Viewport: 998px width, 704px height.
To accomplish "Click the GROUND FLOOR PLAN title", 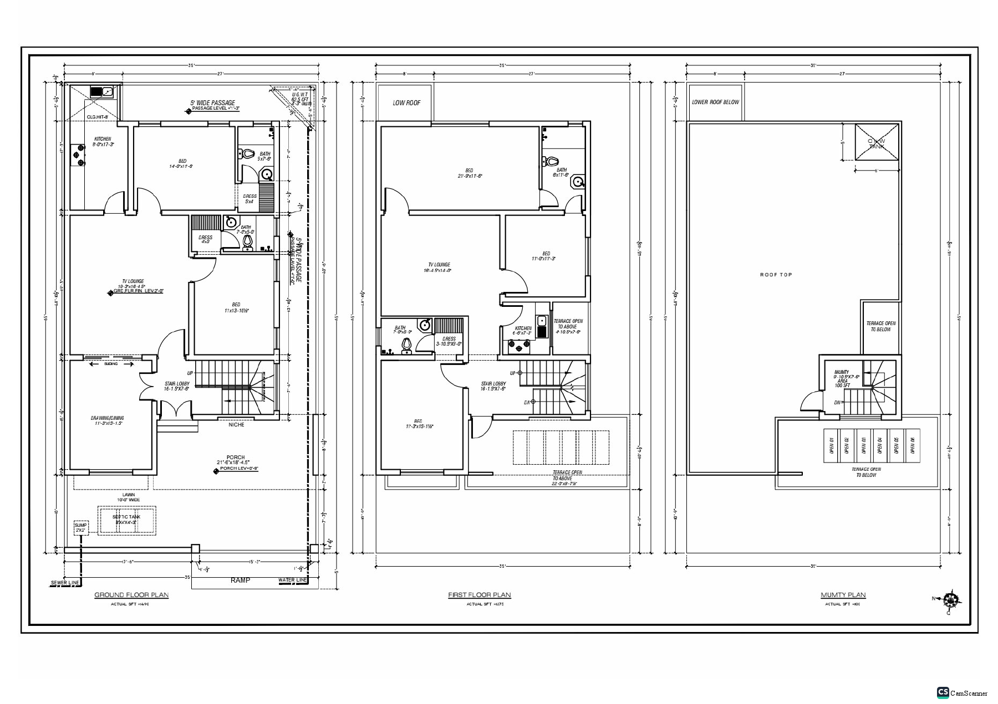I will coord(131,595).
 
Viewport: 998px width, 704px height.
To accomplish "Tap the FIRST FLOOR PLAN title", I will coord(480,595).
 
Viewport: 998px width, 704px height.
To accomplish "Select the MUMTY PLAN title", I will coord(843,595).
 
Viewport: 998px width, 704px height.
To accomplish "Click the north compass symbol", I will coord(951,600).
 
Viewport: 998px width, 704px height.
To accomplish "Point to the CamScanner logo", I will coord(943,692).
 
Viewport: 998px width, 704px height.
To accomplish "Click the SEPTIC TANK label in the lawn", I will coord(127,517).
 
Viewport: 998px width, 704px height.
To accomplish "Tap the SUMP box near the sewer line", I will coord(81,527).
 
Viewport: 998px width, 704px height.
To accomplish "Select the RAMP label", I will coord(240,580).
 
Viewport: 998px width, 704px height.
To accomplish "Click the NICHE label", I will coord(236,425).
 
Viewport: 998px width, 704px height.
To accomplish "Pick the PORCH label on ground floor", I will coord(236,458).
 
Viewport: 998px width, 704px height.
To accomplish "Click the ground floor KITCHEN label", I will coord(103,139).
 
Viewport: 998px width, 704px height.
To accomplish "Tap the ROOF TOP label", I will coord(776,275).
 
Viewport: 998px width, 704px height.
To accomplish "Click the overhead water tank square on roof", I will coord(877,142).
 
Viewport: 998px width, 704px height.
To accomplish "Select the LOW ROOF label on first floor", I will coord(406,103).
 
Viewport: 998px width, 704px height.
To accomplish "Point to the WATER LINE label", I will coord(293,580).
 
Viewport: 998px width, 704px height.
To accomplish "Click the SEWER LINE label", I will coord(65,583).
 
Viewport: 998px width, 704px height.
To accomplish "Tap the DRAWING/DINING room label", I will coord(108,418).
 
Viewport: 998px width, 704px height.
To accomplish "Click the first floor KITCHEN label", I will coord(522,328).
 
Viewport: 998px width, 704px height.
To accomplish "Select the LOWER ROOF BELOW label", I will coord(715,102).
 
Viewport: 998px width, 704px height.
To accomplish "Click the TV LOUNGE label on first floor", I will coord(439,265).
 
